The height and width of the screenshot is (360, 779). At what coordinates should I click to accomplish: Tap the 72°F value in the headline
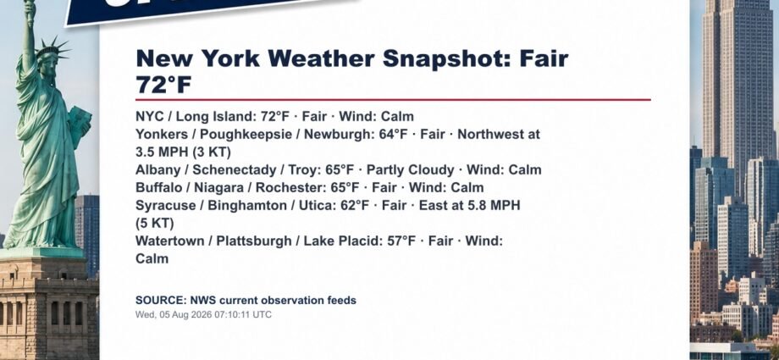tap(163, 85)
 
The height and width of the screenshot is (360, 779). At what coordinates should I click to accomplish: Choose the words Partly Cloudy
tap(411, 170)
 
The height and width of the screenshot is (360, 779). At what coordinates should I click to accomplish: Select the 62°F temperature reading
tap(355, 205)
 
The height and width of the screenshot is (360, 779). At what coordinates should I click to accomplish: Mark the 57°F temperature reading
tap(401, 241)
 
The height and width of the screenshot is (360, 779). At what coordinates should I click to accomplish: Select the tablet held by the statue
tap(80, 125)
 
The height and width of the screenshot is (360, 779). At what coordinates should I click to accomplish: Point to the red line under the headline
tap(393, 99)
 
